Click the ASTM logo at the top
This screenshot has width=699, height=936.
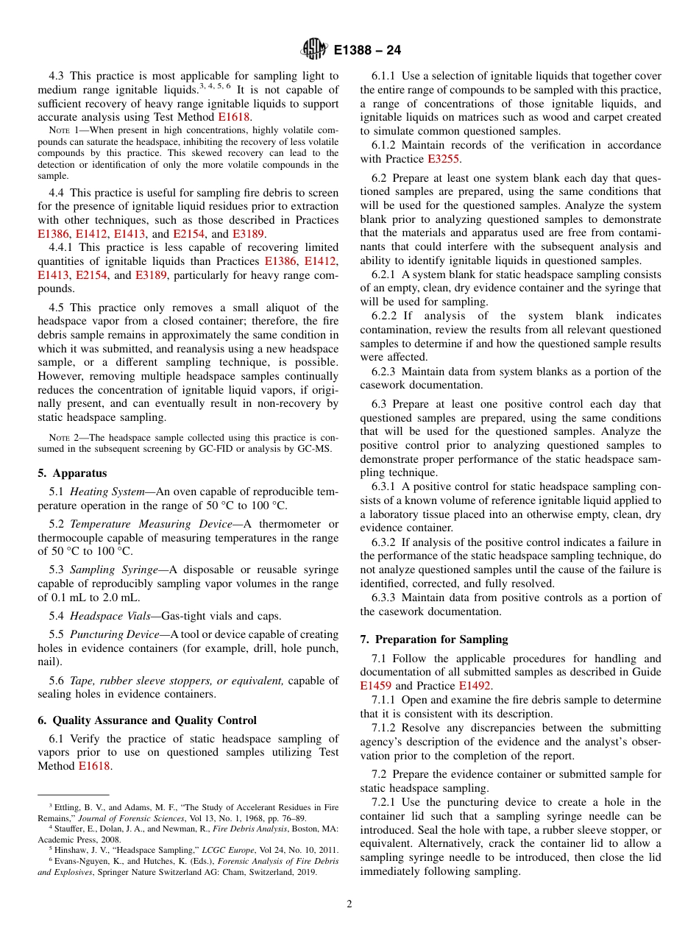click(315, 50)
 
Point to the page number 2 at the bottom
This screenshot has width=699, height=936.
click(349, 904)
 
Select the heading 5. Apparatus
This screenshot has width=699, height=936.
click(72, 473)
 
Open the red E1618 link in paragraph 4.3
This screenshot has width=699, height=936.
click(235, 116)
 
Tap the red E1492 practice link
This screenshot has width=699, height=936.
click(475, 686)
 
